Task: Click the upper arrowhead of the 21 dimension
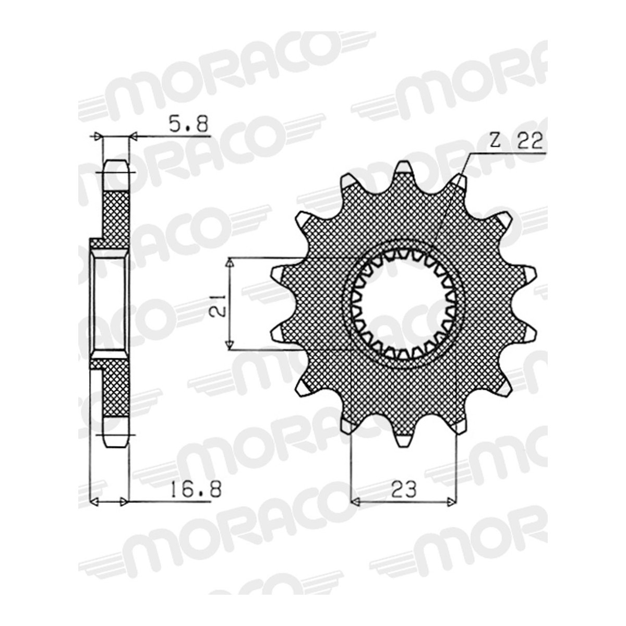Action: coord(230,262)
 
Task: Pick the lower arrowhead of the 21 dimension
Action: coord(230,345)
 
